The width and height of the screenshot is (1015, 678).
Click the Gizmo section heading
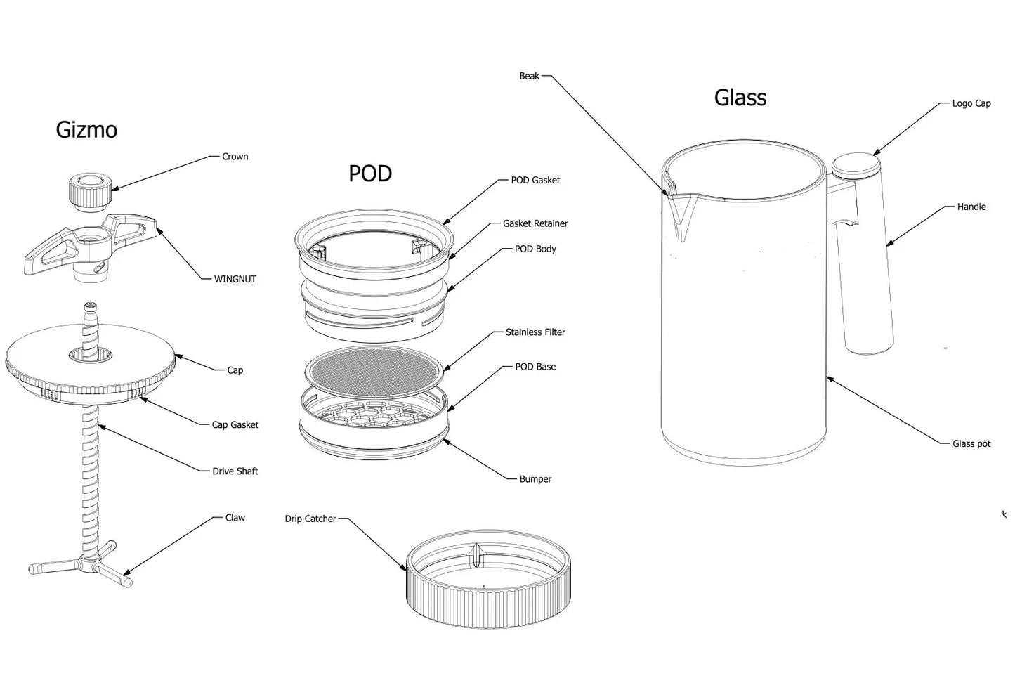tap(86, 130)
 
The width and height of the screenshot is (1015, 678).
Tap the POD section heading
tap(370, 174)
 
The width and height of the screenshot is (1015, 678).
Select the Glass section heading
tap(740, 98)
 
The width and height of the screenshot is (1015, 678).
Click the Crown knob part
tap(91, 192)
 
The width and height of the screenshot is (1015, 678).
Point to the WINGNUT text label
tap(235, 279)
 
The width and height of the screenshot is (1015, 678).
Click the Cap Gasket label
tap(235, 424)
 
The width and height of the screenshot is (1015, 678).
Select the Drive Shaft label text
tap(235, 471)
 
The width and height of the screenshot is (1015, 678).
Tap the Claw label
tap(235, 518)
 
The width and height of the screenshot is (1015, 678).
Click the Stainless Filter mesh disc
tap(374, 372)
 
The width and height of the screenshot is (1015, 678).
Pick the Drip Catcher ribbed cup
tap(488, 579)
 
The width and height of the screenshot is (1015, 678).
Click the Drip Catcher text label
tap(310, 519)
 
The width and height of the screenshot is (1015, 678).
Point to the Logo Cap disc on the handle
tap(856, 165)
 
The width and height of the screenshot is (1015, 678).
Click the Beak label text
tap(529, 76)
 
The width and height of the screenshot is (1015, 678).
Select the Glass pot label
tap(971, 444)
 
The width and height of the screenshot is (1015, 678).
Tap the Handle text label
tap(971, 207)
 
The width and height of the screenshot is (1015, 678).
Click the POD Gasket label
tap(535, 180)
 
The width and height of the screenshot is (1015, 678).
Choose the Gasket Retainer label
tap(535, 223)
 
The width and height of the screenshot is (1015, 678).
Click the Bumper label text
tap(535, 479)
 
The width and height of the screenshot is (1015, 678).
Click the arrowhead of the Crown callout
tap(115, 190)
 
